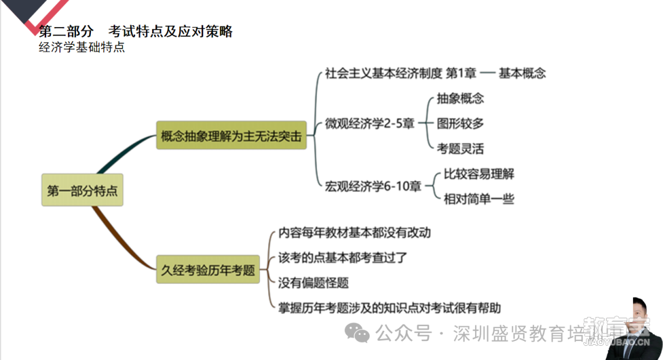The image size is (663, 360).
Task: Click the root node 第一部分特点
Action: click(82, 190)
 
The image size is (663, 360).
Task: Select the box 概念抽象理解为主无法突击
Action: click(231, 135)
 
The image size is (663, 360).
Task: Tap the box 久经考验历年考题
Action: click(207, 269)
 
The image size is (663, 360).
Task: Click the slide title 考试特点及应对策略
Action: click(171, 31)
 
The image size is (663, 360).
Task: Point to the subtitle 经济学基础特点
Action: click(82, 47)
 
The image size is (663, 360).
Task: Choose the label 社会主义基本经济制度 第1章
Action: click(400, 73)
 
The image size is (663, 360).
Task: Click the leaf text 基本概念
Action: click(522, 73)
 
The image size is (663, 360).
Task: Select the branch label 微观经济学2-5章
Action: click(370, 123)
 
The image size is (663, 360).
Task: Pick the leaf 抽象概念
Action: click(460, 98)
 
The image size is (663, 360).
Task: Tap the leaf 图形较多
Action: click(460, 123)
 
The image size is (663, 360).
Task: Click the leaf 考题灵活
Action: click(460, 149)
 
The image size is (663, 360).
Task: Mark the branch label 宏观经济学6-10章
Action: click(373, 186)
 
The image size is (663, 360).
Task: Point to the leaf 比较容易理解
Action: click(479, 174)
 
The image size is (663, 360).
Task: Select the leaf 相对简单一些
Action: click(479, 199)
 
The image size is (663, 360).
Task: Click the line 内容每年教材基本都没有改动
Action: click(355, 233)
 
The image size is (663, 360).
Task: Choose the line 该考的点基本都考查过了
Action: click(343, 257)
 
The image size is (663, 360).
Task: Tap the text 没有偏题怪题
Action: click(313, 283)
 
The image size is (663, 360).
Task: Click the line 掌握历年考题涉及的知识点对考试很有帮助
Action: click(389, 308)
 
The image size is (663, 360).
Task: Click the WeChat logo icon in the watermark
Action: click(357, 333)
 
